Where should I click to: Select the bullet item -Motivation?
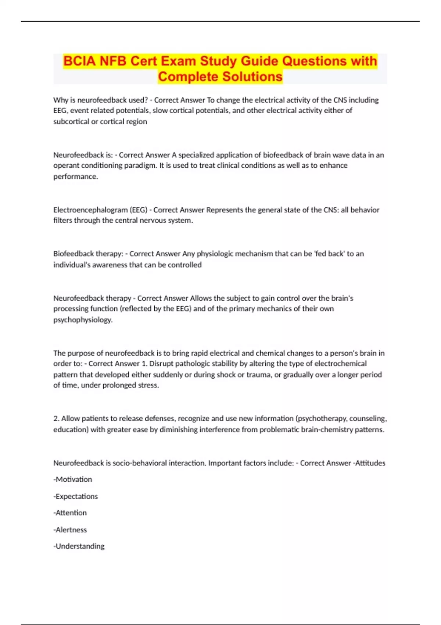tap(73, 479)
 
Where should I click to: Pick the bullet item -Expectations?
tap(76, 496)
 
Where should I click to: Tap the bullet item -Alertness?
tap(70, 530)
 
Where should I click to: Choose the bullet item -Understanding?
tap(79, 546)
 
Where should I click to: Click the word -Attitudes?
tap(369, 463)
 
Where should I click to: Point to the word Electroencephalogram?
tap(90, 210)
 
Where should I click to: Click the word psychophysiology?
tap(83, 320)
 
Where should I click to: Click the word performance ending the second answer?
tap(75, 177)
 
